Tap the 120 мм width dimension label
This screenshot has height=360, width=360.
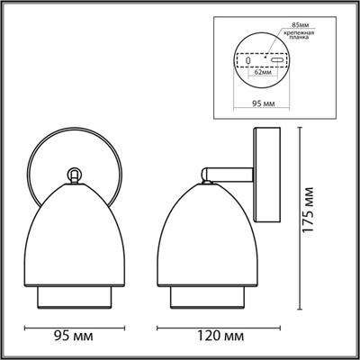(216, 337)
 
